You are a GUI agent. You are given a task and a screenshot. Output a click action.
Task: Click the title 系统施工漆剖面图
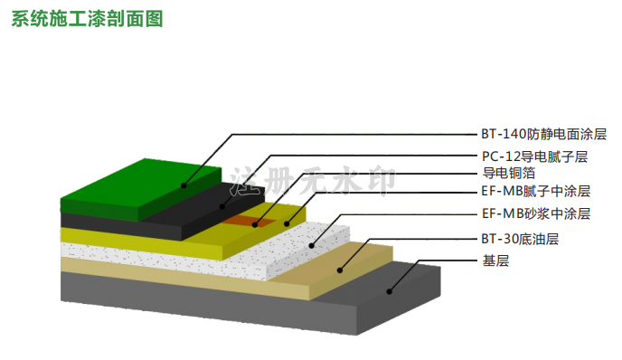[87, 19]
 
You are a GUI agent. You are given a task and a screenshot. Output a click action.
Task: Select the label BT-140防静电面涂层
[544, 134]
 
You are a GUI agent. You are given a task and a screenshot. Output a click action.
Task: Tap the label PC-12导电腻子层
[534, 156]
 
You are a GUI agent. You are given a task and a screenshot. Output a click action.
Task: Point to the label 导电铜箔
[509, 173]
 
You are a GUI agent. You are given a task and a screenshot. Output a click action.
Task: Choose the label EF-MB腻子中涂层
[536, 192]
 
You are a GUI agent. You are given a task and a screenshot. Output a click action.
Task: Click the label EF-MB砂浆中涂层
[536, 213]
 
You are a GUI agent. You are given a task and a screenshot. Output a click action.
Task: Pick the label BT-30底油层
[520, 239]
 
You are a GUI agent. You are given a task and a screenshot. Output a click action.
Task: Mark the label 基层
[495, 261]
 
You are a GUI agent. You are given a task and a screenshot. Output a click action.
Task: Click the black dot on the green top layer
[184, 185]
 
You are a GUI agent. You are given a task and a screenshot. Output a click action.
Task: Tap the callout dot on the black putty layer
[222, 206]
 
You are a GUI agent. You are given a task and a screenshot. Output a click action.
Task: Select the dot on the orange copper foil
[255, 224]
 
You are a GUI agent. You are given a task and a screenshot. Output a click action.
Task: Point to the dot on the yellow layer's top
[287, 223]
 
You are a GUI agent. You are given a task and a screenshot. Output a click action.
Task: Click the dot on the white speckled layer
[311, 246]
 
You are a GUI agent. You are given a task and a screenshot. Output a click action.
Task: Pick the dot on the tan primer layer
[340, 270]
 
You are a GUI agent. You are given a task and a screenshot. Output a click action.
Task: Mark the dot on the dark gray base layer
[389, 292]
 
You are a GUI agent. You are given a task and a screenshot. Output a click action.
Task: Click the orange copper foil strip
[250, 222]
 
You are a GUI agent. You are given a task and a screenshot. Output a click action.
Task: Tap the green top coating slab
[141, 190]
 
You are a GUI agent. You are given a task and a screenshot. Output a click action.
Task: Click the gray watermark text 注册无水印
[313, 181]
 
